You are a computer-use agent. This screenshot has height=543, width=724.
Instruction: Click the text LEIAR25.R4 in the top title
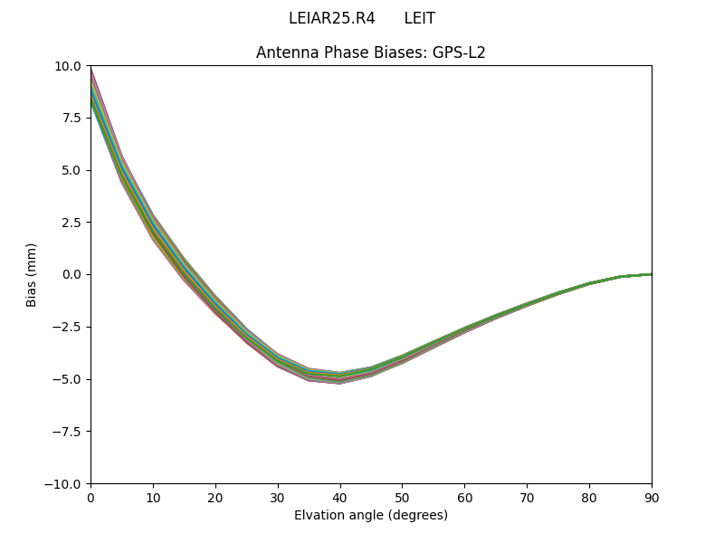(331, 18)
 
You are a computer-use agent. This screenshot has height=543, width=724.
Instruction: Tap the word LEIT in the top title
(419, 18)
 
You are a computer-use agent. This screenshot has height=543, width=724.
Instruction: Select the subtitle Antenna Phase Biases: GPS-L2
(371, 52)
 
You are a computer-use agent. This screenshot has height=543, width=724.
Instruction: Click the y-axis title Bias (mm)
(32, 274)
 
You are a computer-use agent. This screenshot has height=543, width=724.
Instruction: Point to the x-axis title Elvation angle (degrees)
(371, 515)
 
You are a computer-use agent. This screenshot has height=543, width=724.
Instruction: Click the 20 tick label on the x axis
(215, 498)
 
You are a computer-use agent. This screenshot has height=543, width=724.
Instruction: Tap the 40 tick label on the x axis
(340, 498)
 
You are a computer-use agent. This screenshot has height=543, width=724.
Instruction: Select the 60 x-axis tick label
(464, 498)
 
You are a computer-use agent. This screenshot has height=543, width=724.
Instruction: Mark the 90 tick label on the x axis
(652, 498)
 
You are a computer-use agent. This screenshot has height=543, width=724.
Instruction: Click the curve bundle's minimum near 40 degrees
(340, 378)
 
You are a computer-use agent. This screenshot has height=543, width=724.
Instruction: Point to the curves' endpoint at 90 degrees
(651, 274)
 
